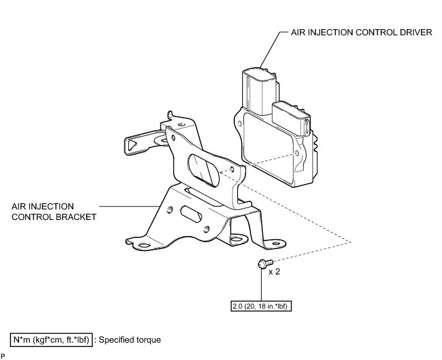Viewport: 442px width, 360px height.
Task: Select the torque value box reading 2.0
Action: pyautogui.click(x=261, y=306)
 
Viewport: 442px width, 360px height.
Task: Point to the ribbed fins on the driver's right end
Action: pyautogui.click(x=316, y=149)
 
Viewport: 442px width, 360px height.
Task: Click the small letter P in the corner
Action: pyautogui.click(x=4, y=356)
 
